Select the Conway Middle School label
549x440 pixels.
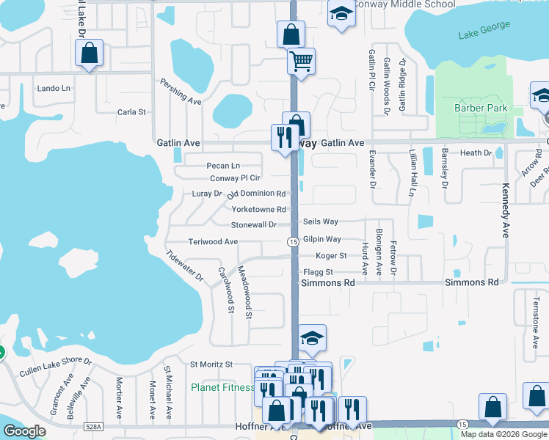[405, 4]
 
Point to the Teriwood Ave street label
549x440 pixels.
[213, 241]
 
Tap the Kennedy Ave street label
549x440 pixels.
[505, 211]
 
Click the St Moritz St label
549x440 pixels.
[211, 364]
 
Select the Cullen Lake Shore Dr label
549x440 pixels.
[56, 367]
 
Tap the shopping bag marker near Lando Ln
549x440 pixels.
[89, 54]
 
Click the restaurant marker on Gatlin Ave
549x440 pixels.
[283, 137]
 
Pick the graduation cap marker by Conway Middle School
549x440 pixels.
[340, 15]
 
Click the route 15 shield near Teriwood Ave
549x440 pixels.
[292, 241]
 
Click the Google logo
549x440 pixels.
[25, 432]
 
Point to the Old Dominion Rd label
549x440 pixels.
[256, 194]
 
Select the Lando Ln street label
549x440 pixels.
[54, 89]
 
